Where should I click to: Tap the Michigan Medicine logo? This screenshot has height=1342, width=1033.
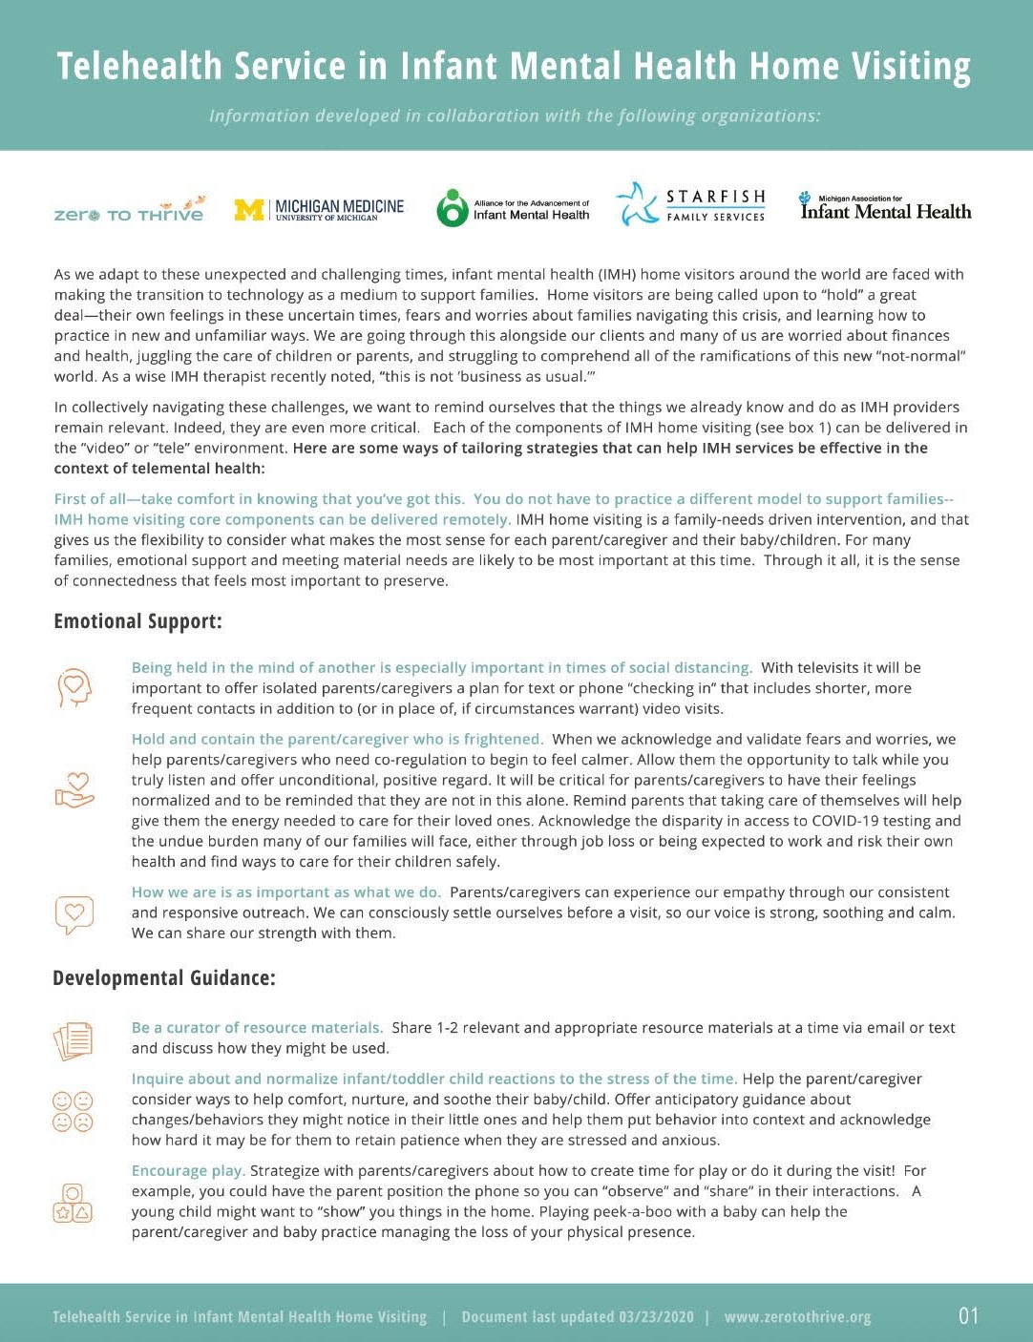coord(319,209)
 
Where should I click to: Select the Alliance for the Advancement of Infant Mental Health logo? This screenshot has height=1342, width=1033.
coord(513,208)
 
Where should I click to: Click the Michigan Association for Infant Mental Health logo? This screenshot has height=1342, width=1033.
coord(885,207)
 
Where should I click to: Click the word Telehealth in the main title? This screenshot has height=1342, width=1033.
coord(139,66)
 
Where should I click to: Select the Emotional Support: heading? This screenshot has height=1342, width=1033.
coord(137,621)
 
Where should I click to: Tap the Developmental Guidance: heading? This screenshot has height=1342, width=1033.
coord(164,978)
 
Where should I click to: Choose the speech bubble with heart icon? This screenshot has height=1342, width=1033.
coord(74,913)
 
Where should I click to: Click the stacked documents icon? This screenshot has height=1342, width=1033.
coord(74,1039)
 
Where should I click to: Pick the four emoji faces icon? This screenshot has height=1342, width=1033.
coord(74,1110)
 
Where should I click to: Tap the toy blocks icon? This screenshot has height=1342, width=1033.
coord(74,1203)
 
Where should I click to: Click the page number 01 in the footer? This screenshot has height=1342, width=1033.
coord(968,1316)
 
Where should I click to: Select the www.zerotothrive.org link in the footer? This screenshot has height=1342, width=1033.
coord(797,1317)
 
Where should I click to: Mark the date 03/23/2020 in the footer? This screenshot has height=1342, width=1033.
coord(656,1317)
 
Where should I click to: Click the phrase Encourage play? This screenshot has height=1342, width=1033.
coord(188,1170)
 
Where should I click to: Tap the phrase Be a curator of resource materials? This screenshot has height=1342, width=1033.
coord(257,1028)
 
